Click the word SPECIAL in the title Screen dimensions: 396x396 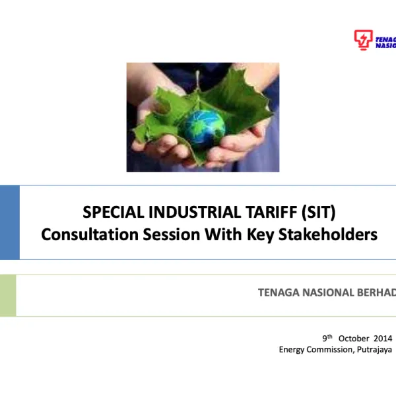pos(114,213)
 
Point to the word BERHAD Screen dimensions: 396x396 pos(376,292)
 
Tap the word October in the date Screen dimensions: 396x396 pos(353,338)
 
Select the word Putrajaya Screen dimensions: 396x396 pos(374,349)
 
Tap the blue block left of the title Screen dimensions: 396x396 pos(9,222)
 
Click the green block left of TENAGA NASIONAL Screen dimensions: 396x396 pos(7,295)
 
